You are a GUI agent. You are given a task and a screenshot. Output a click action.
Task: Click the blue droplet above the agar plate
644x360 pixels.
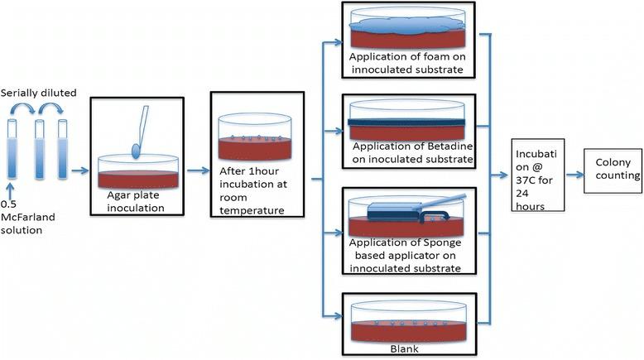click(137, 150)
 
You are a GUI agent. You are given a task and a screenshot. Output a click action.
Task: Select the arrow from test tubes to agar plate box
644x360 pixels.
click(79, 172)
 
